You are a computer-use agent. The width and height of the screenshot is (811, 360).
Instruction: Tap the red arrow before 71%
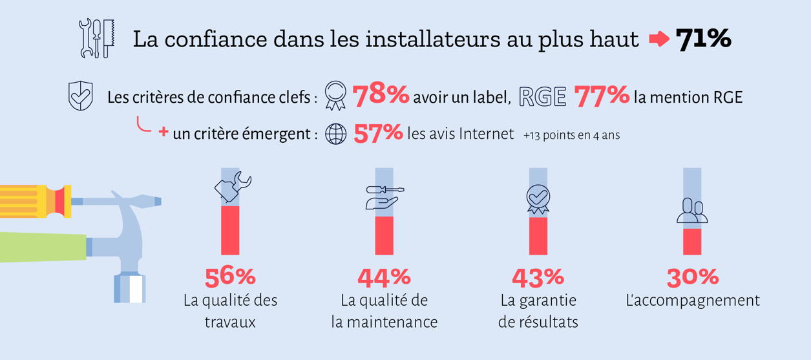659,39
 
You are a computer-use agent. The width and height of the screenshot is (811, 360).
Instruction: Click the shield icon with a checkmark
80,96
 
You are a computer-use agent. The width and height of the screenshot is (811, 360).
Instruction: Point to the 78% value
381,95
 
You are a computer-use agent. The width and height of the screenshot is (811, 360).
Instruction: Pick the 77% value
602,96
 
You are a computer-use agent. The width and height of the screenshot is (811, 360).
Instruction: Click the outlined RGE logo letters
542,97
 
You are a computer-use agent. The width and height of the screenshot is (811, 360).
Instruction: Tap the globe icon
335,134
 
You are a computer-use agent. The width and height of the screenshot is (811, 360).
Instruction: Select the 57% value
378,133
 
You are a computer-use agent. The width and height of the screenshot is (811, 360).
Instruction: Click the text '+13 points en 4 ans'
572,135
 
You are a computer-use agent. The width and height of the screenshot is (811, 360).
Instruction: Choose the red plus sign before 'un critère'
163,131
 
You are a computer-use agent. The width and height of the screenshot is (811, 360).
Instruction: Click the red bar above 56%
230,230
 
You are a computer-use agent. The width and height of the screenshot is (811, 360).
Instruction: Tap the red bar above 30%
692,242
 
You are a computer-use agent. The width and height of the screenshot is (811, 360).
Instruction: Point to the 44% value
384,277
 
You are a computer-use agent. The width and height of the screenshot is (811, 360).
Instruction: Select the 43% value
538,277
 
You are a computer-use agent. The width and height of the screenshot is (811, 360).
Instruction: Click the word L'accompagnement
693,301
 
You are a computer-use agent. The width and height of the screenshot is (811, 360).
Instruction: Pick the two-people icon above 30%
692,211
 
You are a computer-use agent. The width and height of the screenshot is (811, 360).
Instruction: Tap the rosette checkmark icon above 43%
538,199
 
